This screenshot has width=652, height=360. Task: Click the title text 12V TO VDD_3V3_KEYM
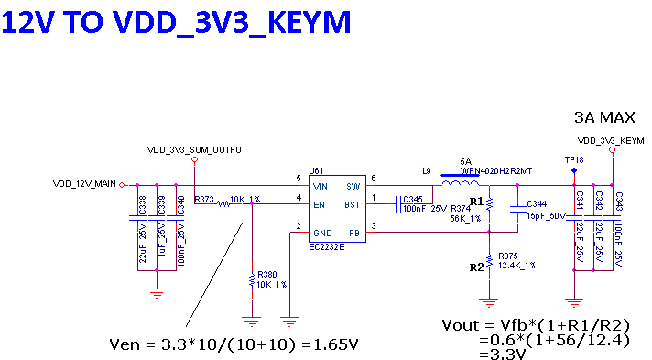176,22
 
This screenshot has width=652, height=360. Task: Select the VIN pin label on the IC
320,186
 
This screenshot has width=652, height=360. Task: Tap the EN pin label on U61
319,204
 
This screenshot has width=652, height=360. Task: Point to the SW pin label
353,186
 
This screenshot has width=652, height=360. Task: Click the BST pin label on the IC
352,204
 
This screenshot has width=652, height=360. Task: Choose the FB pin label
353,233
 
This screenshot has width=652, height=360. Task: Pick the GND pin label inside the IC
322,233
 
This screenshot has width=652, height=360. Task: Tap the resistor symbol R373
223,203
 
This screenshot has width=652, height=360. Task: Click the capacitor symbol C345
398,204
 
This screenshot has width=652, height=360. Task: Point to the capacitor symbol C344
517,211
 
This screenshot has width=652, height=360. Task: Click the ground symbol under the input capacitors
157,292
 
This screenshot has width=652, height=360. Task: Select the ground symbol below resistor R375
489,300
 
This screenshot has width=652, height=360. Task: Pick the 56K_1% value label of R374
465,219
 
